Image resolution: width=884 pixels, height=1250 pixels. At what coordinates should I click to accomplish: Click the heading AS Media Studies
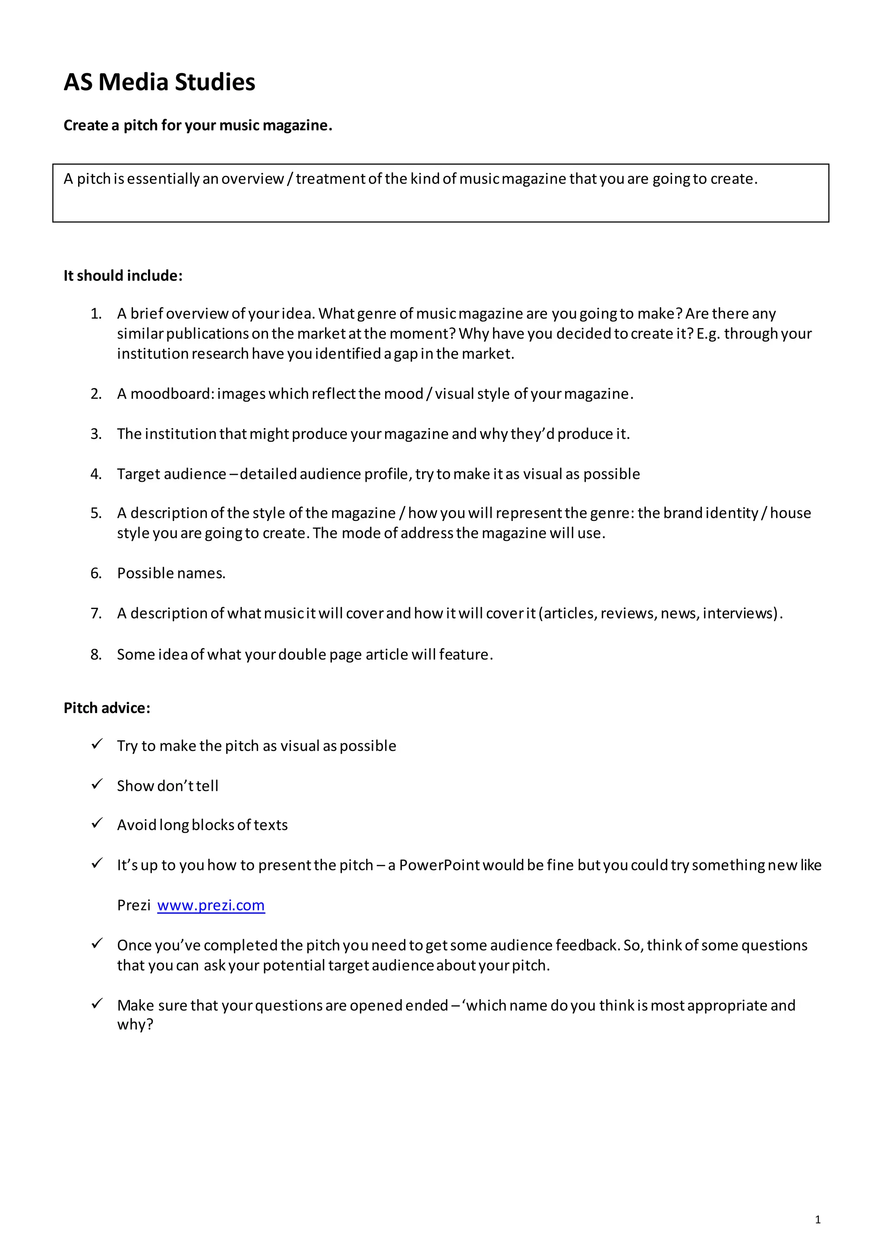point(159,82)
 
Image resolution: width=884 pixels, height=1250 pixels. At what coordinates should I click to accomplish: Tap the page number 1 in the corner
point(817,1219)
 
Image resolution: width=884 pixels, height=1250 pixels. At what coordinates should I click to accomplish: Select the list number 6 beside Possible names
point(96,573)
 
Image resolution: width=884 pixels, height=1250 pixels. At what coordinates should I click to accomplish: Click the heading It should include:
point(123,275)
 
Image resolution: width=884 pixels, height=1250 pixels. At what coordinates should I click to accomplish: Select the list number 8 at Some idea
point(96,654)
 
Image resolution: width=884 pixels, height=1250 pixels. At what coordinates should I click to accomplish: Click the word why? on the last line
point(135,1024)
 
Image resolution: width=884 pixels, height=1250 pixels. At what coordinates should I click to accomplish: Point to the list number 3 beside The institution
point(96,433)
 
